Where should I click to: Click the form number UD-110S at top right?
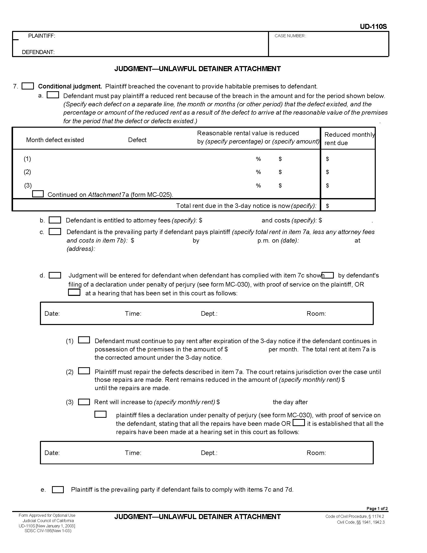point(373,27)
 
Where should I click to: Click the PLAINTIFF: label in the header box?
point(41,36)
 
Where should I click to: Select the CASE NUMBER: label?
point(290,36)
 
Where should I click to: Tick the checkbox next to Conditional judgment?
point(28,86)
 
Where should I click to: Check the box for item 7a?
point(53,95)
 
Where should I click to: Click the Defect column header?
point(137,140)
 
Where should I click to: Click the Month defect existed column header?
point(55,140)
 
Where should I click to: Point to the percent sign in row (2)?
point(258,172)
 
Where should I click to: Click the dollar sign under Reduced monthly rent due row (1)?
point(327,159)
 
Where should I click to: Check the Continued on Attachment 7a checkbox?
point(38,194)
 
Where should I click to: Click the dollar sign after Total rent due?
point(327,206)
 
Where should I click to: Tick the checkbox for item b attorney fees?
point(55,220)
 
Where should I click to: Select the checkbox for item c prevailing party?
point(55,232)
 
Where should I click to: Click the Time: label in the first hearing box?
point(133,313)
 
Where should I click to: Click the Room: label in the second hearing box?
point(316,453)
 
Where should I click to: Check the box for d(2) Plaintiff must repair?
point(84,371)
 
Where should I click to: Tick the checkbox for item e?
point(58,490)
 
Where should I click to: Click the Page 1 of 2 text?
point(377,509)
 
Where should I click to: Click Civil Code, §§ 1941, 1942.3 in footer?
point(360,522)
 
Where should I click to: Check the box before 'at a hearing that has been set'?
point(74,292)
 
